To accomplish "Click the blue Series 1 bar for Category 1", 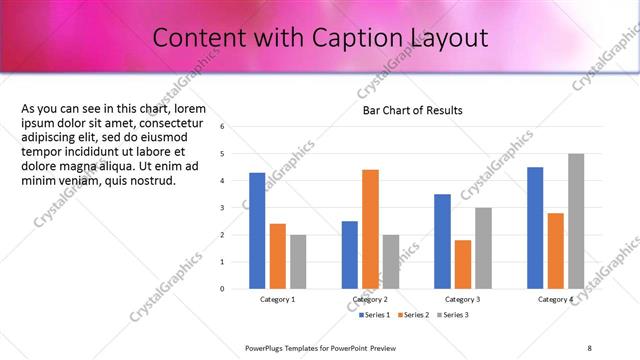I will [x=257, y=230].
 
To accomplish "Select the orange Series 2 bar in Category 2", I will [x=370, y=229].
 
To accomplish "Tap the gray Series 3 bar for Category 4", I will [x=576, y=221].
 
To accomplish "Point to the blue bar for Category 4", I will [x=535, y=227].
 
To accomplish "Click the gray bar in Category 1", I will [x=298, y=261].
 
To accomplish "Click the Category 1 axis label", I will [x=278, y=299].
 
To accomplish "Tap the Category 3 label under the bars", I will [x=462, y=299].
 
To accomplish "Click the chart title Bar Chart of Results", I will [x=412, y=110].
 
